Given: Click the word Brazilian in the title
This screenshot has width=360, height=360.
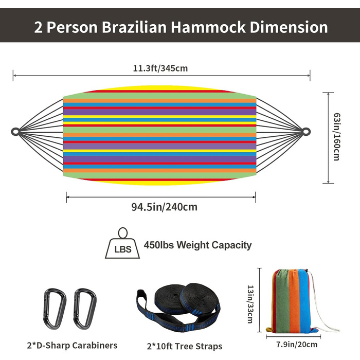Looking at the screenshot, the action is coord(134,27).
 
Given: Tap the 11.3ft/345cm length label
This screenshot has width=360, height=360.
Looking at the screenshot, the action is coord(160,68).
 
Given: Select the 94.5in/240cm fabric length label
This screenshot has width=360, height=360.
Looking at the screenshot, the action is coord(164,207).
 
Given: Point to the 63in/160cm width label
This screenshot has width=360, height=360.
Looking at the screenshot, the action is coord(337,137).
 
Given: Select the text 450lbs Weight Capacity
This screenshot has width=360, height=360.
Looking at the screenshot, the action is coord(197,245).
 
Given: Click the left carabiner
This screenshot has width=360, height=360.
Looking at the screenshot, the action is coord(55,309).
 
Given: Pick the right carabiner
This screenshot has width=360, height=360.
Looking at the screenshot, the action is coord(85,309).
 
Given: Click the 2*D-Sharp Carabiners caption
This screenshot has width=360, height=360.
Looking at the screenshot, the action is coord(72,345).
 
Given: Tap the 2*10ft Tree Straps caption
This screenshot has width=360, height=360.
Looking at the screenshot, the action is coord(185,346).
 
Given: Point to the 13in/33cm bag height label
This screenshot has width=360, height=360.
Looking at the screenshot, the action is coord(250,304).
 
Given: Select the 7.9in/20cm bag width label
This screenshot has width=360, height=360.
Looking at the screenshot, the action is coord(297,345).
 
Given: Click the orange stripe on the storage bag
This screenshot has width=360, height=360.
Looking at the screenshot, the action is coord(294,301).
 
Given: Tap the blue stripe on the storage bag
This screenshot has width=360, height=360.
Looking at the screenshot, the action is coord(304,301).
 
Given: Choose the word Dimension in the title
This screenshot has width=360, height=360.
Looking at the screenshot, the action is coord(289,27).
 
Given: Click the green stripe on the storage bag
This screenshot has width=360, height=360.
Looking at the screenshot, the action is coord(282,301).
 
